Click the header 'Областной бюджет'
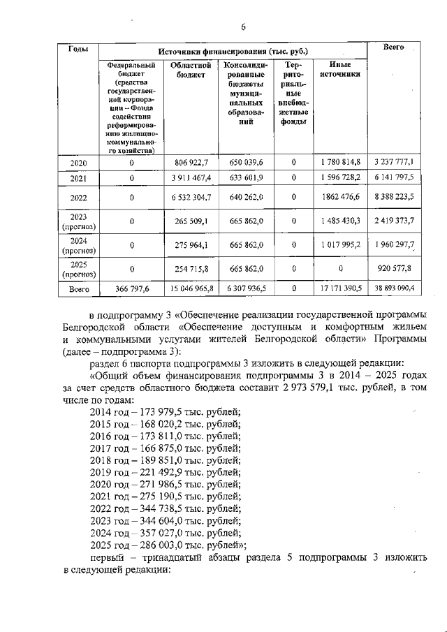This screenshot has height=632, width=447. coord(186,69)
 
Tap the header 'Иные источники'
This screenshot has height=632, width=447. coord(339,69)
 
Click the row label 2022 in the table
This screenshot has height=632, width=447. coord(78,198)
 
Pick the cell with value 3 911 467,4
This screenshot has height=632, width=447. coord(186,177)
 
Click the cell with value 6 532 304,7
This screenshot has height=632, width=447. coord(186,198)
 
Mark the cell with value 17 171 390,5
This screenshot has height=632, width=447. coord(340,286)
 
